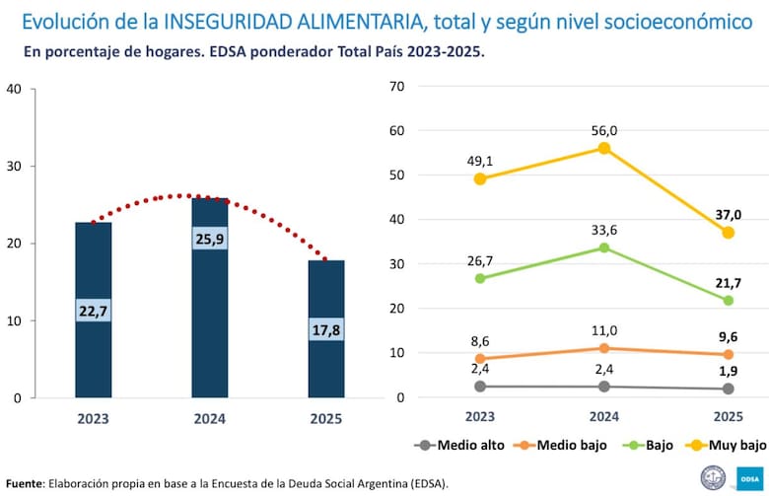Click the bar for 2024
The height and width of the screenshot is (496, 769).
[209, 297]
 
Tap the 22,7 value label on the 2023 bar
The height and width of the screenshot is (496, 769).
[94, 310]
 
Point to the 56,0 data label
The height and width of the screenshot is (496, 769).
[603, 130]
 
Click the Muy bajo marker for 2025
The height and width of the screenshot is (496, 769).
[728, 233]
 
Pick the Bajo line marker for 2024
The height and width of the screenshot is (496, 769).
[603, 248]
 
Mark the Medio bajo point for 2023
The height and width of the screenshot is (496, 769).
[479, 359]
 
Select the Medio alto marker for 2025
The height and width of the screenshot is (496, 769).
[728, 389]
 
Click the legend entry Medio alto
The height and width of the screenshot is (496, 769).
[461, 445]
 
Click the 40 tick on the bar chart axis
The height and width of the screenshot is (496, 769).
[15, 89]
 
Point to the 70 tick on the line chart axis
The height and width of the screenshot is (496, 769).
[398, 86]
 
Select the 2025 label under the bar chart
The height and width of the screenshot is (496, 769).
[325, 418]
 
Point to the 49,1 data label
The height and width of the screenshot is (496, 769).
[479, 159]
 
